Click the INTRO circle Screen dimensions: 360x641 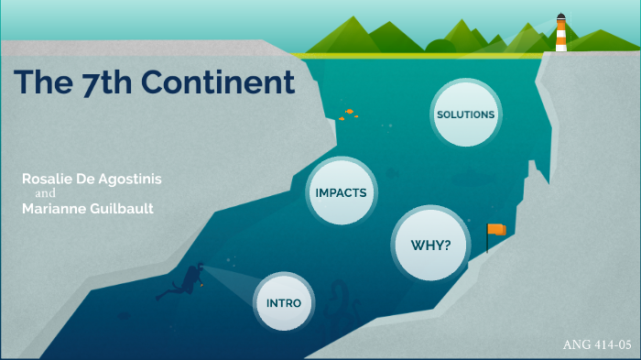pyautogui.click(x=284, y=302)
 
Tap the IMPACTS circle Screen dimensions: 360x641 pyautogui.click(x=341, y=192)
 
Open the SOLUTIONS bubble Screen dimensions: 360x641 pyautogui.click(x=465, y=115)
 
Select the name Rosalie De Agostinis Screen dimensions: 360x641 pyautogui.click(x=92, y=180)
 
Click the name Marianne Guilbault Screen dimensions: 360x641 pyautogui.click(x=87, y=209)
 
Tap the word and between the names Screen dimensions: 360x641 pyautogui.click(x=46, y=194)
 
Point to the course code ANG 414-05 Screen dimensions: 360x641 pyautogui.click(x=598, y=345)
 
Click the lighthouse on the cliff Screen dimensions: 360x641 pyautogui.click(x=560, y=34)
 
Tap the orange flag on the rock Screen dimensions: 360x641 pyautogui.click(x=496, y=229)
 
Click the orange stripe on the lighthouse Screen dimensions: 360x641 pyautogui.click(x=560, y=38)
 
